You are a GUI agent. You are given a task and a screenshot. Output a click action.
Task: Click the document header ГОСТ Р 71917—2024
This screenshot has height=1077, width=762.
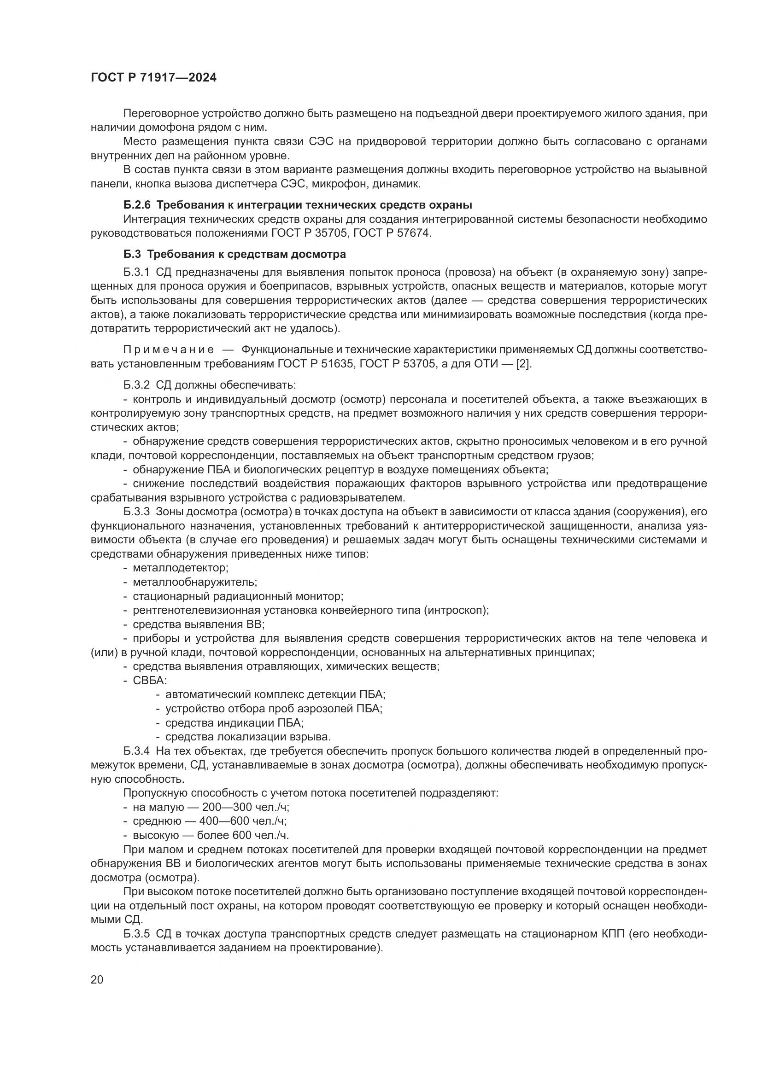point(153,78)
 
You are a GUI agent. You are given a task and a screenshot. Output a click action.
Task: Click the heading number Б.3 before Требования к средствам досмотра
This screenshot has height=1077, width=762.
point(132,254)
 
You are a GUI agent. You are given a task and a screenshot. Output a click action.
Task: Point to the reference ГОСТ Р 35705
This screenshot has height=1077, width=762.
point(309,233)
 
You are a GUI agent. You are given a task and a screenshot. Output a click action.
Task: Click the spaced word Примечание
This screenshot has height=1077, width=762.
point(169,349)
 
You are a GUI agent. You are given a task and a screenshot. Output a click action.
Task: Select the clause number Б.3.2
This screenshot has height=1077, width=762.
point(136,385)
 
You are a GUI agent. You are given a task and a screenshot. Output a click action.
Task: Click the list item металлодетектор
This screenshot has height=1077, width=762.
point(180,568)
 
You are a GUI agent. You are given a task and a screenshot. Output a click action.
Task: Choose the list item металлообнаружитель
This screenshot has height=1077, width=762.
point(195,582)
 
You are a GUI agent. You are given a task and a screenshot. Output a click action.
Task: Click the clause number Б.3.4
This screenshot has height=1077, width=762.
point(136,751)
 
